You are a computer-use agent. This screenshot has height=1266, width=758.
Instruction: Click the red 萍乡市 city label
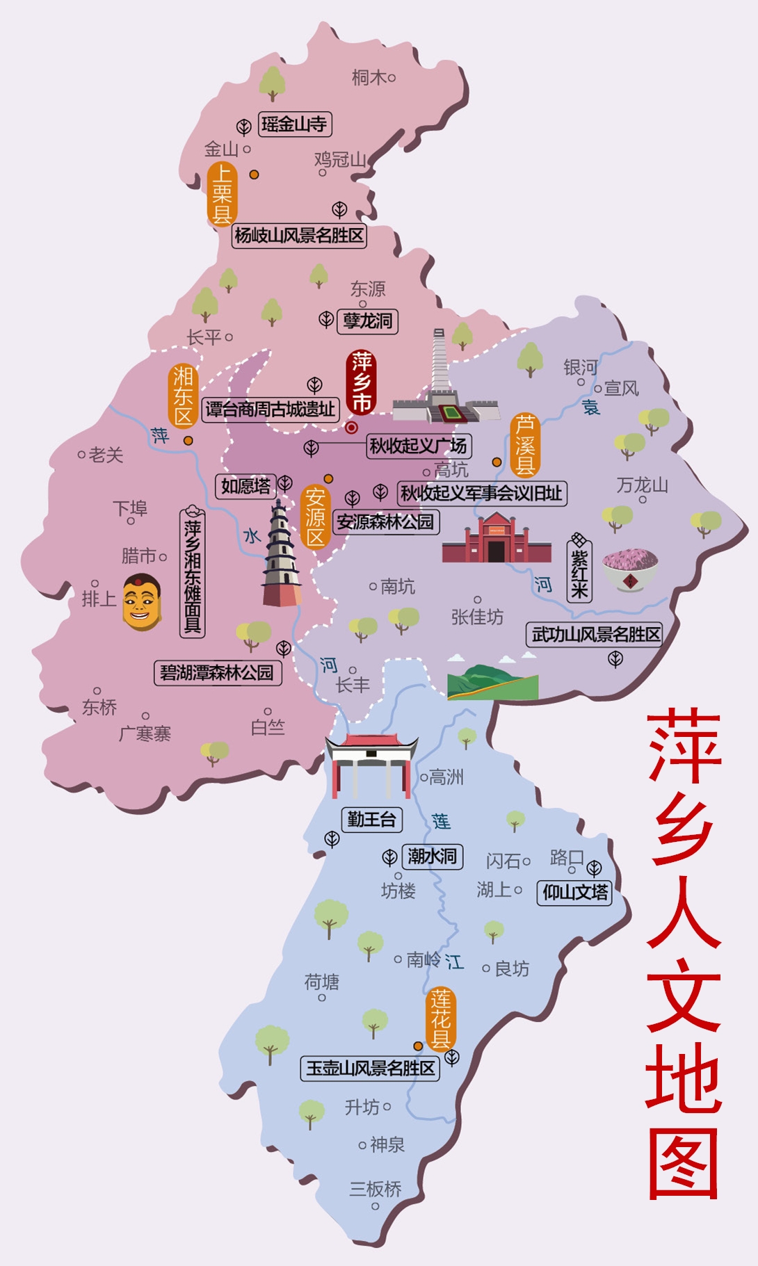point(362,382)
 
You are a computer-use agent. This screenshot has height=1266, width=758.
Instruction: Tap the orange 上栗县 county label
point(222,194)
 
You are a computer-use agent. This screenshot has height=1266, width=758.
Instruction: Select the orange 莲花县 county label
point(441,1019)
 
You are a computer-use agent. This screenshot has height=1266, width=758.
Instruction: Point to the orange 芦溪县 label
point(525,445)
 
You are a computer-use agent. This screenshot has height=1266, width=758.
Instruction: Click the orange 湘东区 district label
point(183,396)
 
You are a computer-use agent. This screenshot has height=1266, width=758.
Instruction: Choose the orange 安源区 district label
point(315,517)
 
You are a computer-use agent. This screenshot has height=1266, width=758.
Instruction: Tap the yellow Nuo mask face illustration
point(141,602)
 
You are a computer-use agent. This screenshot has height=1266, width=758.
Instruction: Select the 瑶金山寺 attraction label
point(294,124)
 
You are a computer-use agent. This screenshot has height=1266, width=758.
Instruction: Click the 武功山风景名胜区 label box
point(595,634)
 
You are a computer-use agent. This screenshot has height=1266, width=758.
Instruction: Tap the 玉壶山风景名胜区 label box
point(371,1068)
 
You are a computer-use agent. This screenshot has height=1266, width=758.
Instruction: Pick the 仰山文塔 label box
point(575,892)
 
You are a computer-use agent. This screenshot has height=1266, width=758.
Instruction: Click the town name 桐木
point(369,77)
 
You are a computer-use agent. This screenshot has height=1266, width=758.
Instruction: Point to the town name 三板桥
point(376,1189)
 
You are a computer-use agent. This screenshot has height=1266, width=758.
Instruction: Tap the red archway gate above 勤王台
point(371,765)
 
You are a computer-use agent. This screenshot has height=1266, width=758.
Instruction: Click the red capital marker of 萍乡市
point(352,428)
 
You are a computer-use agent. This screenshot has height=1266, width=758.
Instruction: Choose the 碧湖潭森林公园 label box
point(218,672)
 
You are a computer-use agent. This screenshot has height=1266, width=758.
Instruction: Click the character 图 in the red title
point(683,1164)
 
